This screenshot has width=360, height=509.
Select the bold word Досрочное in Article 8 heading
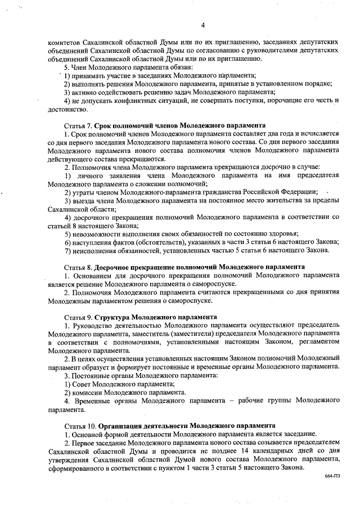(x=115, y=266)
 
